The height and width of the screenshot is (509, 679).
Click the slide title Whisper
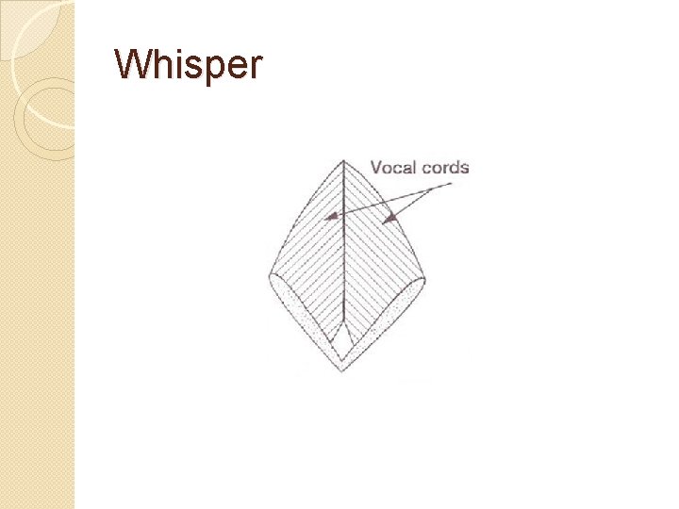coord(188,65)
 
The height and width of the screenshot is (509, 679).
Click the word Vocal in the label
coord(393,168)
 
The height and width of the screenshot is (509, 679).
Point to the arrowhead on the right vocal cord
coord(387,219)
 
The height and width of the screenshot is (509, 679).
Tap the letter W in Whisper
coord(131,65)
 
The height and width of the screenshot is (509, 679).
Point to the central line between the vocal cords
coord(344,254)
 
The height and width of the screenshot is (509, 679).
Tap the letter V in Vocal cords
coord(376,168)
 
